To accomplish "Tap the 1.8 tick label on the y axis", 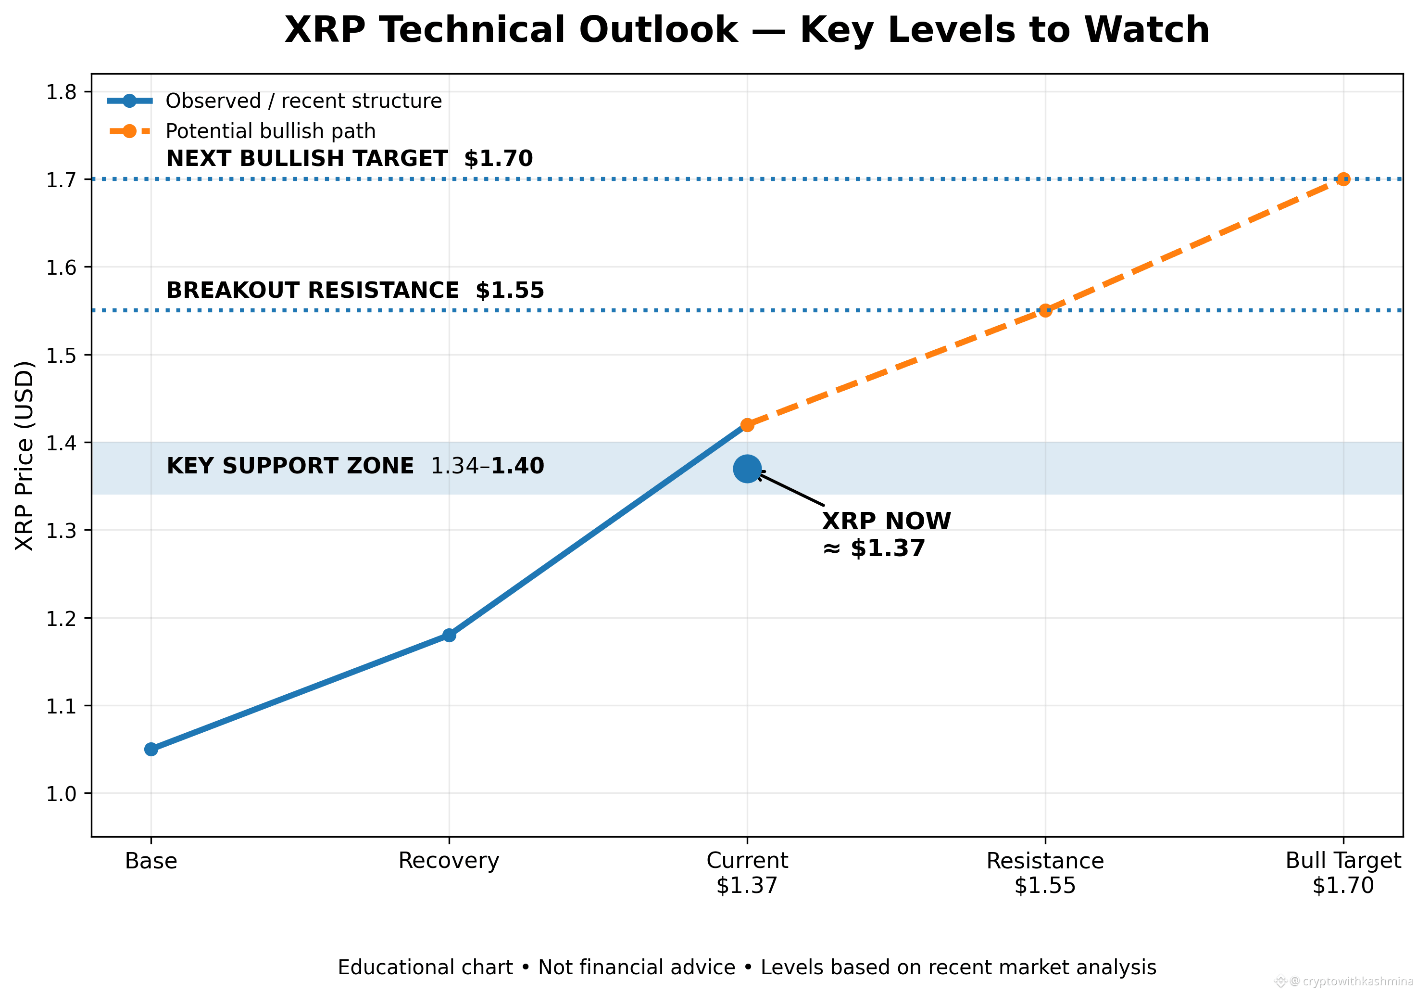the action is pyautogui.click(x=61, y=92).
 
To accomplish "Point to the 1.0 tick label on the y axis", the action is pyautogui.click(x=61, y=793).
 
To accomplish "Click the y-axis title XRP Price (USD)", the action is pyautogui.click(x=24, y=456).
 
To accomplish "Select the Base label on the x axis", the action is pyautogui.click(x=151, y=861).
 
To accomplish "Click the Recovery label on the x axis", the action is pyautogui.click(x=449, y=861).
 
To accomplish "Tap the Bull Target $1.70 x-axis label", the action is pyautogui.click(x=1343, y=873).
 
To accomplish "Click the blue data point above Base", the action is pyautogui.click(x=151, y=749).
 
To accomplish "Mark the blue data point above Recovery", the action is pyautogui.click(x=449, y=635).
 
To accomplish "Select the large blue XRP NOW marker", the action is pyautogui.click(x=747, y=469).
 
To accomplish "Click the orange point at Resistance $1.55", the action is pyautogui.click(x=1045, y=310).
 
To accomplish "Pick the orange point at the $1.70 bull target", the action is pyautogui.click(x=1343, y=179).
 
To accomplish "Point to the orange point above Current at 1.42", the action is pyautogui.click(x=747, y=425).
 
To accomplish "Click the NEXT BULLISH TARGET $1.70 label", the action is pyautogui.click(x=349, y=159).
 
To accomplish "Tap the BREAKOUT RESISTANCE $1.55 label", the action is pyautogui.click(x=355, y=290).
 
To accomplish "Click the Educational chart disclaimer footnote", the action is pyautogui.click(x=747, y=967).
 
